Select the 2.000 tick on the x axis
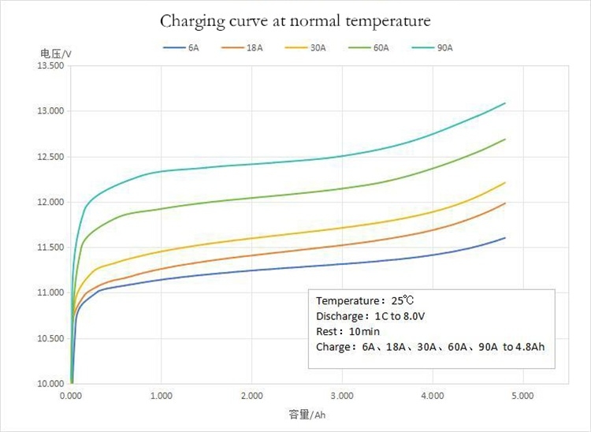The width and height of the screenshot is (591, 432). pyautogui.click(x=251, y=393)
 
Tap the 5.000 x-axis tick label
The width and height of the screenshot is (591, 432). pyautogui.click(x=522, y=393)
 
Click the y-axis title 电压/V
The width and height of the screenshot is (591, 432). pyautogui.click(x=55, y=53)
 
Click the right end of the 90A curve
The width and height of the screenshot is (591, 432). pyautogui.click(x=505, y=103)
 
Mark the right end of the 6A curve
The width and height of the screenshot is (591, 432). pyautogui.click(x=505, y=238)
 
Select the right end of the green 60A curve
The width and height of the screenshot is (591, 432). pyautogui.click(x=505, y=140)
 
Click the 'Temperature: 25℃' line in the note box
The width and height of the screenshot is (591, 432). pyautogui.click(x=364, y=301)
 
